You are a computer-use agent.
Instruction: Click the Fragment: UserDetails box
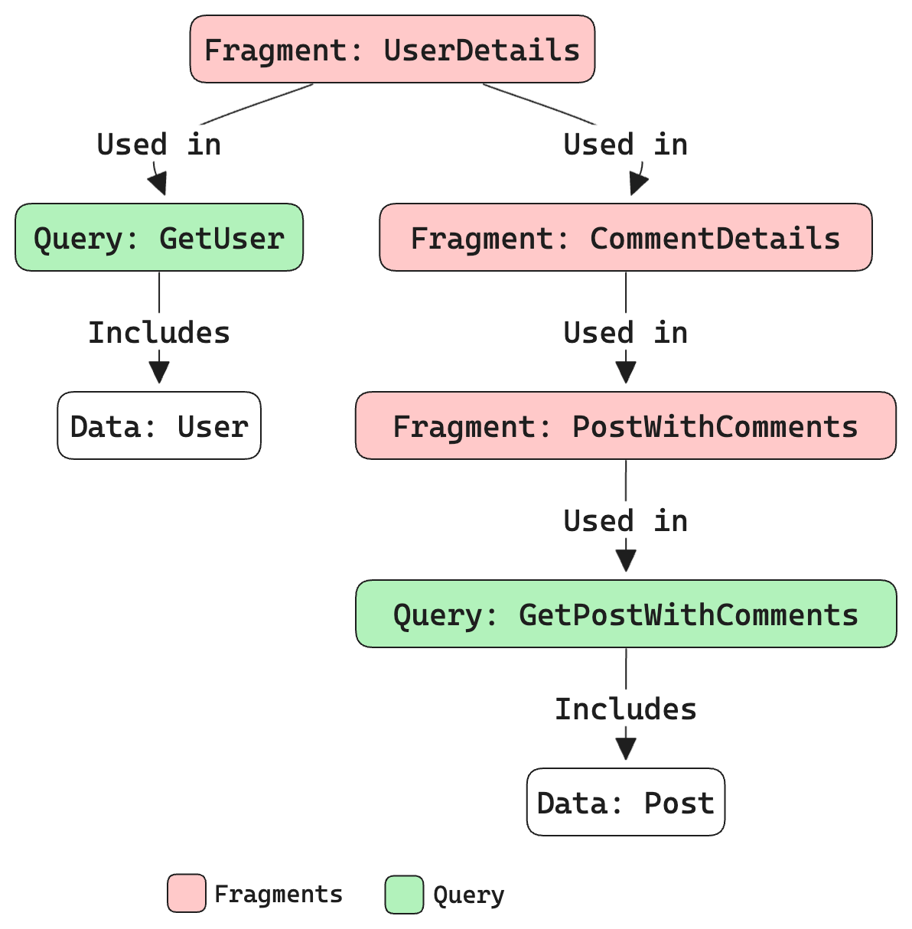(x=392, y=49)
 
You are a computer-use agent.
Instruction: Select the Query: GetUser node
(x=159, y=237)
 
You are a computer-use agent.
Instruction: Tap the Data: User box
(x=159, y=425)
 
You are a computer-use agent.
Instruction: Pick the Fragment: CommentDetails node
(x=625, y=237)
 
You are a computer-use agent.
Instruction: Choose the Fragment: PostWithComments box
(x=625, y=425)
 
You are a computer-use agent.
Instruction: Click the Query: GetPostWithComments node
(x=625, y=614)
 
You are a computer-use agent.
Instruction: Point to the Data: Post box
(x=625, y=802)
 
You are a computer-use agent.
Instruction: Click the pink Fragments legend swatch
(x=187, y=893)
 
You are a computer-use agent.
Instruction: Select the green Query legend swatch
(x=404, y=894)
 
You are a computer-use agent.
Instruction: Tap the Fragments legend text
(x=278, y=894)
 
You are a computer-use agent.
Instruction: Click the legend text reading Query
(x=468, y=895)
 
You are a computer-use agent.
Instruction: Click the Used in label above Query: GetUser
(x=159, y=144)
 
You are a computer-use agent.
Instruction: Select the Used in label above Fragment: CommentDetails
(x=625, y=144)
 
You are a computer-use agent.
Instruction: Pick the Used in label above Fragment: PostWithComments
(x=625, y=332)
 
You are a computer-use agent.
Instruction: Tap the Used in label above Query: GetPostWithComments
(x=625, y=520)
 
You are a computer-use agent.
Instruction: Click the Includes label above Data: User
(x=159, y=332)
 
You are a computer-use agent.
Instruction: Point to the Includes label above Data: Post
(x=625, y=709)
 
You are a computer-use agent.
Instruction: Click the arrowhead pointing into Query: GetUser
(x=158, y=184)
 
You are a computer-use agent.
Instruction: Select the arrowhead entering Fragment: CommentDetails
(x=637, y=184)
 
